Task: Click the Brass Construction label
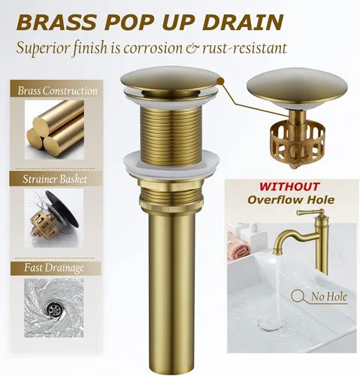point(58,91)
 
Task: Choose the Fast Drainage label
point(52,268)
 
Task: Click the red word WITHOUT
point(289,186)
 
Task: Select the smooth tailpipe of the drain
point(169,286)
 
